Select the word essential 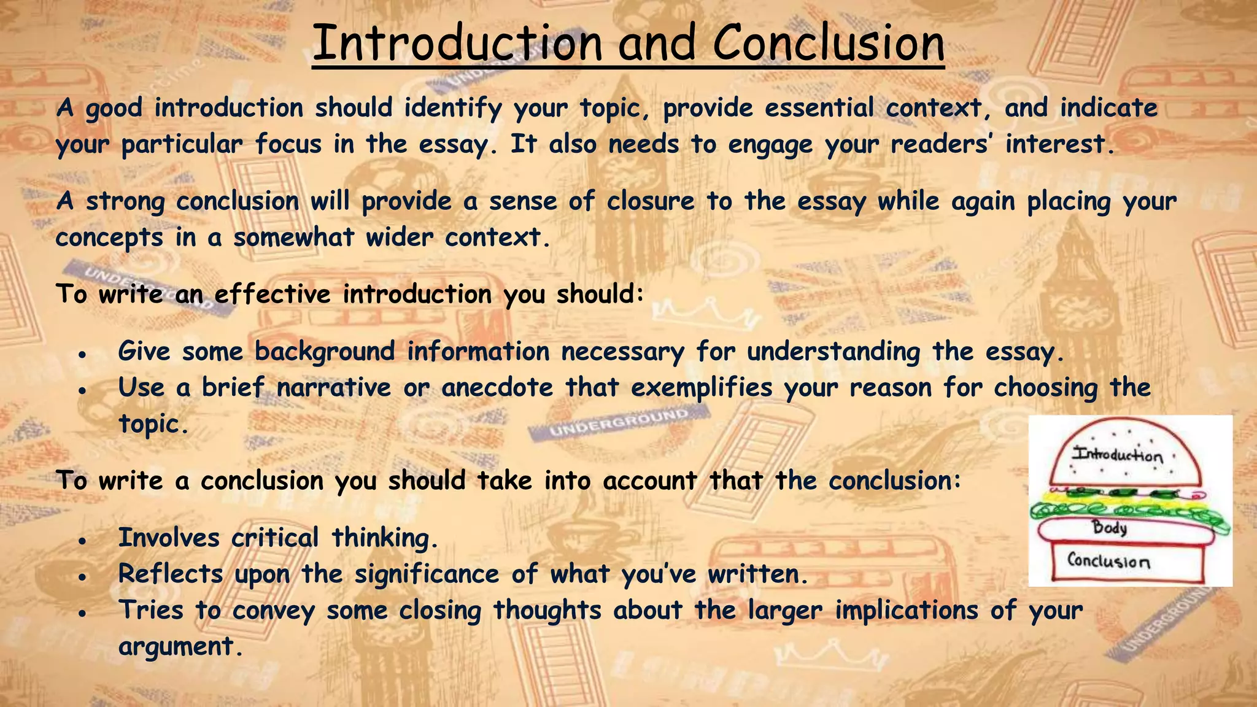[x=819, y=109]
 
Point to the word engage [x=770, y=145]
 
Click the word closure [x=650, y=201]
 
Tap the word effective [x=273, y=295]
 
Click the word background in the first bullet [x=325, y=352]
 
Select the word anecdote [x=497, y=388]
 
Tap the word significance [x=427, y=574]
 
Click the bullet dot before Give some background [x=82, y=355]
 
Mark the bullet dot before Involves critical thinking [x=82, y=541]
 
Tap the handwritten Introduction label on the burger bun [x=1117, y=455]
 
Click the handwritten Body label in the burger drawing [x=1109, y=527]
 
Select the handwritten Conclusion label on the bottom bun [x=1108, y=560]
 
